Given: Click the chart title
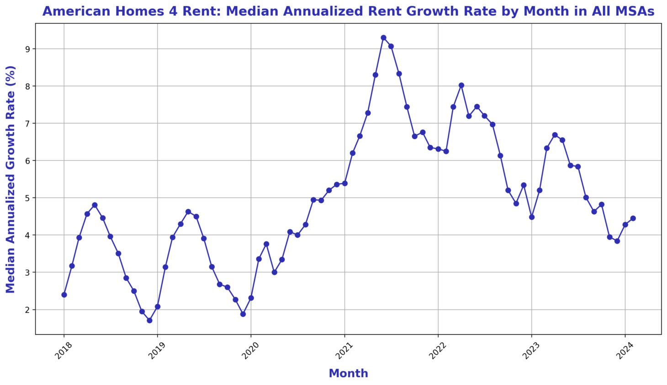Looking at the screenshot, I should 348,11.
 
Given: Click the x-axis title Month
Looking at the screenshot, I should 348,374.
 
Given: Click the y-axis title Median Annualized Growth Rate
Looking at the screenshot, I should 11,179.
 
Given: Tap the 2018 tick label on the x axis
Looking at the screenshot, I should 64,353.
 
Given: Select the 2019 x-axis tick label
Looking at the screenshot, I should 157,353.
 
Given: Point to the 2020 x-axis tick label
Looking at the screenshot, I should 250,353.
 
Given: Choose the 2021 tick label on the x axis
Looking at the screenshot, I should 344,353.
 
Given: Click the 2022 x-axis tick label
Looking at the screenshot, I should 437,353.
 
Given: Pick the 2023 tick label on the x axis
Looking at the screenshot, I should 531,353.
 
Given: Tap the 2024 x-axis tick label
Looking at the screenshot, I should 624,353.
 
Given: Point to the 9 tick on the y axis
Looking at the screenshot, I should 27,49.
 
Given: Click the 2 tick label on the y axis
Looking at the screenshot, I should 27,310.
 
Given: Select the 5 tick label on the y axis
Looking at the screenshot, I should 27,198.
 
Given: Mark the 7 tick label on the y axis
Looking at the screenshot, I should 27,123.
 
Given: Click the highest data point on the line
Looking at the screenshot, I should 383,38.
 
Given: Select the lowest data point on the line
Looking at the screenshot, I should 149,321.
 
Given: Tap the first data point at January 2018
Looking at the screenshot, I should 64,295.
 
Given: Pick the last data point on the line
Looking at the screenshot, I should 633,219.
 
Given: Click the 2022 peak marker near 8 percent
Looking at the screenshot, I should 461,86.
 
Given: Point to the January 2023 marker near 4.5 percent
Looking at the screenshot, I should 532,217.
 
